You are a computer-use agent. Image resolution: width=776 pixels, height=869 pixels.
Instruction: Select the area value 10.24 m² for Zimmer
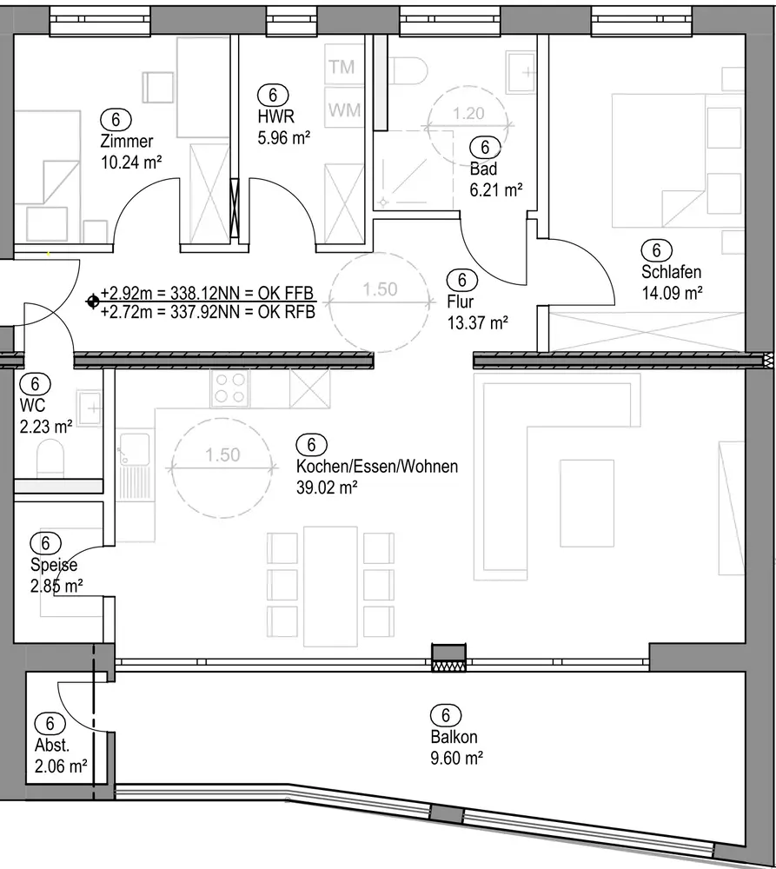click(131, 163)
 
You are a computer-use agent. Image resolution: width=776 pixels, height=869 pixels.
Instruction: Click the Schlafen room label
click(671, 271)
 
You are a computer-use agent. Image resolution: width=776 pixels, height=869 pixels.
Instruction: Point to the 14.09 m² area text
click(673, 293)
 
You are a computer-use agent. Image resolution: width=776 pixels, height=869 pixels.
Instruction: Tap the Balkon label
click(454, 737)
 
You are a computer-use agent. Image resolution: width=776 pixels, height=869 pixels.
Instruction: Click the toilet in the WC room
click(50, 459)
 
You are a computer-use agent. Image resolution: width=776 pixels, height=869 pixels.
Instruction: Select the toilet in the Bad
click(409, 70)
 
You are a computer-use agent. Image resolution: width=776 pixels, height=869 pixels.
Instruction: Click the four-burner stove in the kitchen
click(230, 388)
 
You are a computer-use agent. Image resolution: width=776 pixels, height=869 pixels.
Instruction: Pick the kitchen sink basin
click(134, 448)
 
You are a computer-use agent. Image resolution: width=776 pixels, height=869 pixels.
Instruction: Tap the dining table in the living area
click(330, 587)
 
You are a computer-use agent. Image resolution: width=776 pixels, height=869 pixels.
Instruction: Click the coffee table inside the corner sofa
click(587, 503)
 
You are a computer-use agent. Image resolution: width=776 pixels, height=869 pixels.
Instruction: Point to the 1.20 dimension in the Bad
click(468, 114)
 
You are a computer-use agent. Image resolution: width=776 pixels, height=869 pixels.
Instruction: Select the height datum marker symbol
click(93, 302)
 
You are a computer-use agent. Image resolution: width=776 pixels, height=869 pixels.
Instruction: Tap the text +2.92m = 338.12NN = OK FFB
click(208, 293)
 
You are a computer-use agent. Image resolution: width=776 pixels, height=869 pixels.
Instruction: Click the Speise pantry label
click(54, 565)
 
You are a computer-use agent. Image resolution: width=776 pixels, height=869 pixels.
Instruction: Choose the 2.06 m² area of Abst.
click(61, 766)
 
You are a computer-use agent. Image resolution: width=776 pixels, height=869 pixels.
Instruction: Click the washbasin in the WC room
click(90, 408)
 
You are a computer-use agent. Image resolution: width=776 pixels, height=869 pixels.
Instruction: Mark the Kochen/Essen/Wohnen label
click(377, 466)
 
